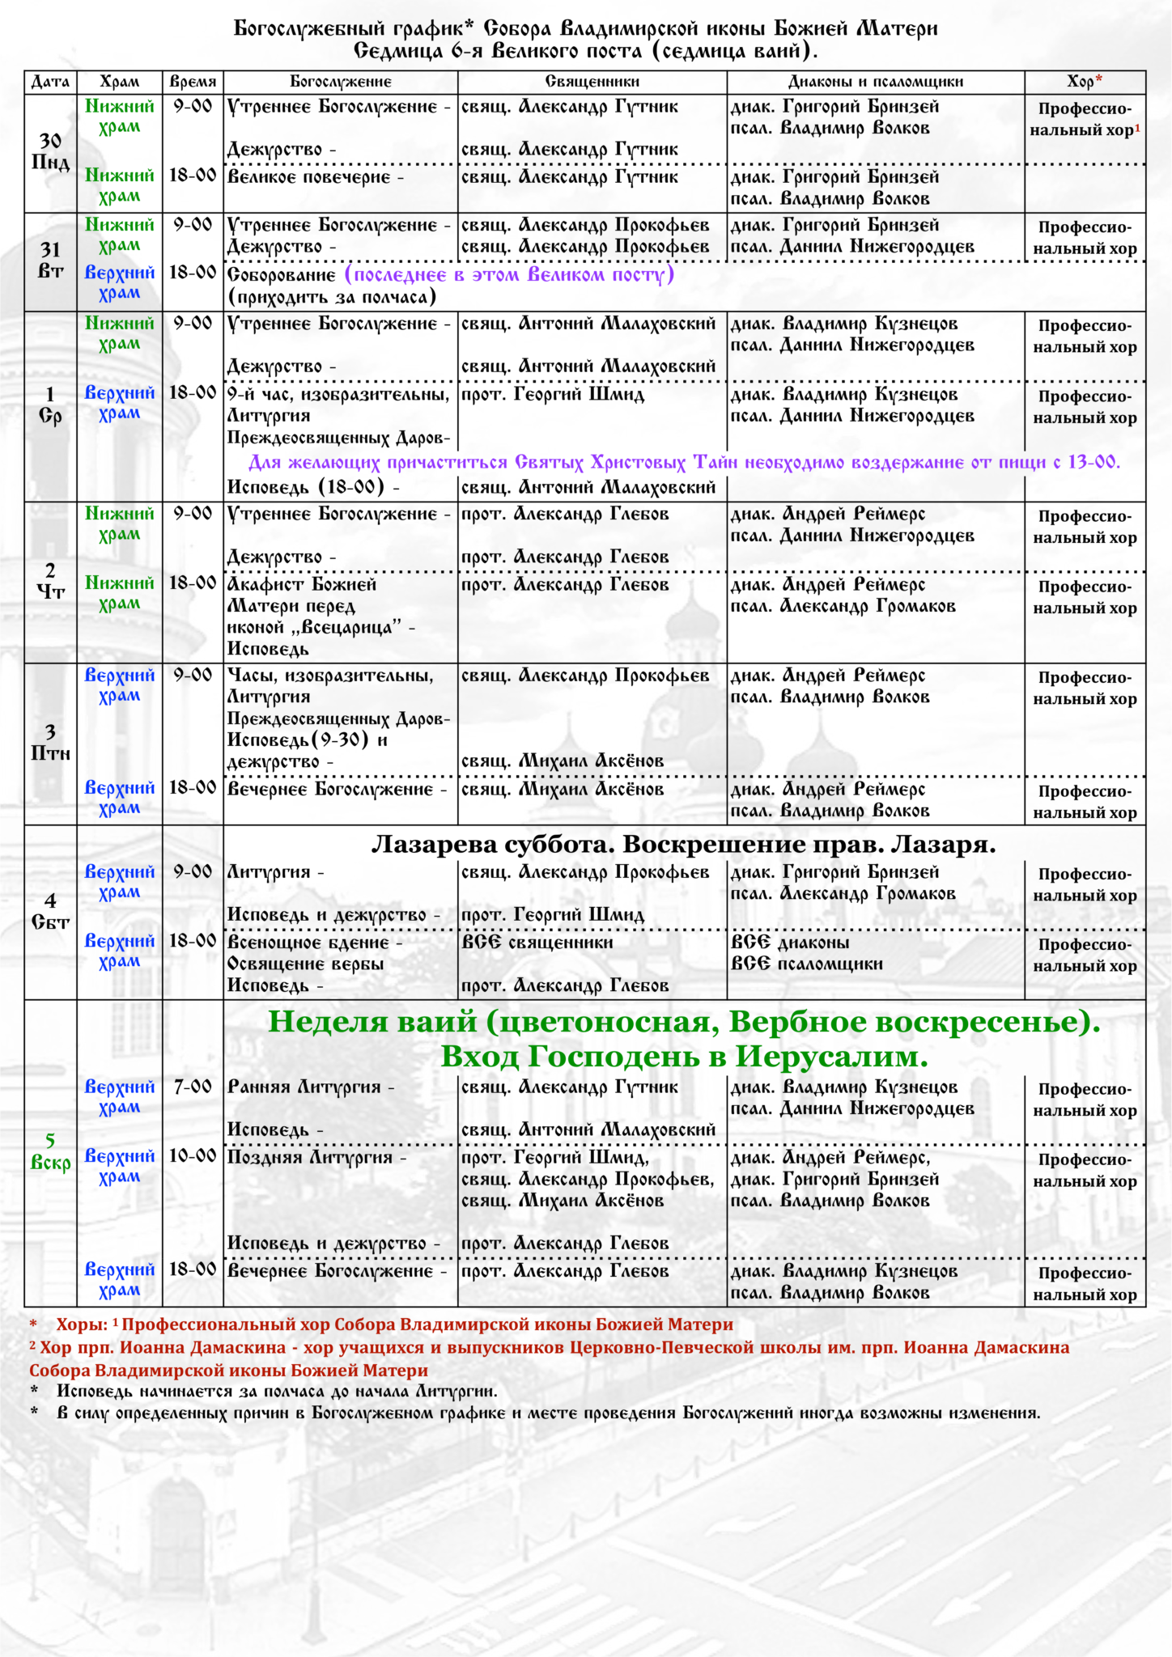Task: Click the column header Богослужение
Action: (341, 82)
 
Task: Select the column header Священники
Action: (592, 82)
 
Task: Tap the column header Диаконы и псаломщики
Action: (876, 82)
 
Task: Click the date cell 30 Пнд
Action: (50, 152)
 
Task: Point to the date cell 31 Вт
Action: (50, 261)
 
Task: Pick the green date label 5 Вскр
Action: (50, 1151)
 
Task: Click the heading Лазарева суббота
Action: (683, 845)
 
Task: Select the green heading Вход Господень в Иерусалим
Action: (684, 1057)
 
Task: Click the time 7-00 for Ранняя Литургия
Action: (193, 1087)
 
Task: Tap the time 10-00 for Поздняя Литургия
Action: (193, 1156)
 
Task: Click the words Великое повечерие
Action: (309, 177)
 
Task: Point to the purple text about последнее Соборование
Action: (509, 274)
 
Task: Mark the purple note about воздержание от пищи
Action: (684, 463)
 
